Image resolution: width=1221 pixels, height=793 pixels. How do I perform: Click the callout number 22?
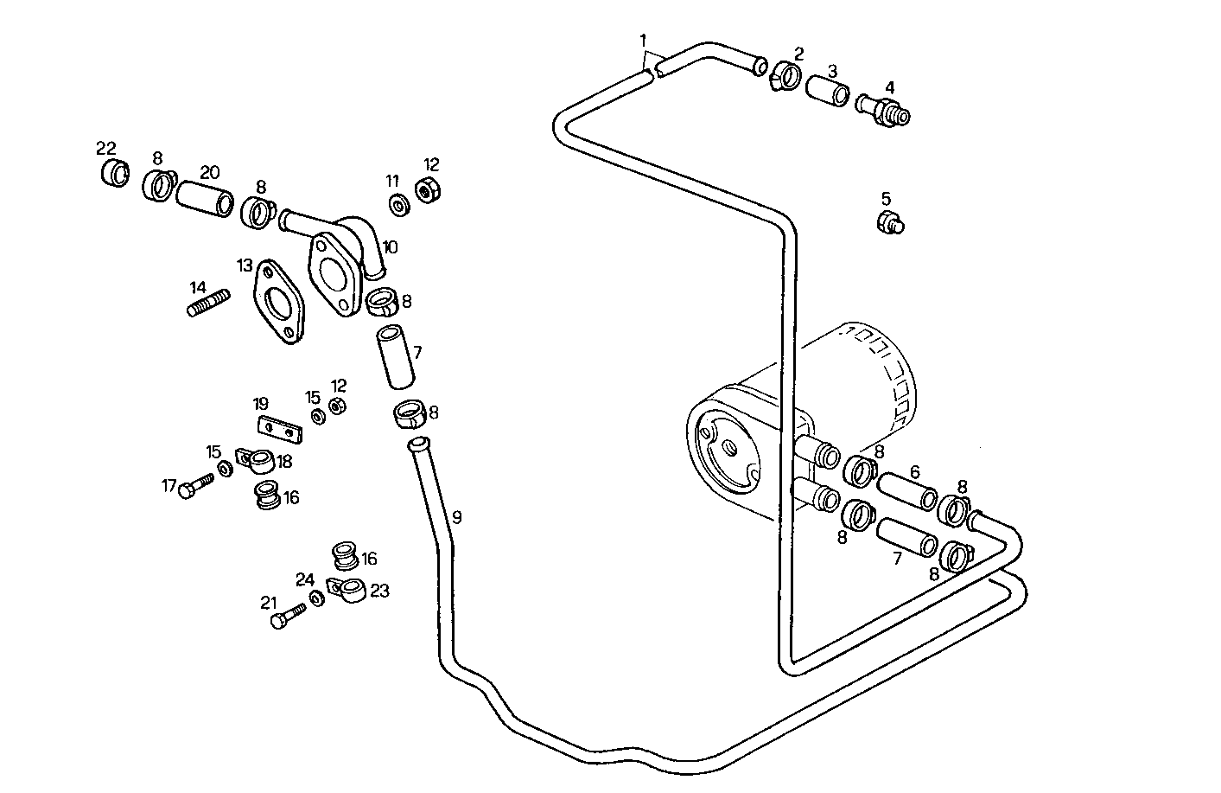pyautogui.click(x=105, y=148)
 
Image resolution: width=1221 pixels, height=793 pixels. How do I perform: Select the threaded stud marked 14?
pyautogui.click(x=209, y=303)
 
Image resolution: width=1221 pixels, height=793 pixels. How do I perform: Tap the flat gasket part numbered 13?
pyautogui.click(x=278, y=302)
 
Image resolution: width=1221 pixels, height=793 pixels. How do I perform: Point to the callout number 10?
pyautogui.click(x=390, y=247)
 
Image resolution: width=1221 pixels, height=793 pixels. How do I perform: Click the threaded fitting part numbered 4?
pyautogui.click(x=882, y=112)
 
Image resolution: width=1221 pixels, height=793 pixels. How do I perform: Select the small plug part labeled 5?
pyautogui.click(x=889, y=223)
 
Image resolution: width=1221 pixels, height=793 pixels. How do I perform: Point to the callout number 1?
pyautogui.click(x=642, y=40)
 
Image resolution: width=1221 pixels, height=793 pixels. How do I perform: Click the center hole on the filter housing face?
pyautogui.click(x=730, y=448)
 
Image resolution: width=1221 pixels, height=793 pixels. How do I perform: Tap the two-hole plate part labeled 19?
pyautogui.click(x=278, y=428)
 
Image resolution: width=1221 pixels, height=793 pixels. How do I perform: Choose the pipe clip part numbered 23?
pyautogui.click(x=349, y=591)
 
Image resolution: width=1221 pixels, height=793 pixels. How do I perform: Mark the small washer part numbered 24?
pyautogui.click(x=317, y=598)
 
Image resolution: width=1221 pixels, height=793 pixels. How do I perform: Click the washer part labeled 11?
pyautogui.click(x=399, y=206)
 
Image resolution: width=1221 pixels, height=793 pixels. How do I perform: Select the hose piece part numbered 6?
pyautogui.click(x=907, y=490)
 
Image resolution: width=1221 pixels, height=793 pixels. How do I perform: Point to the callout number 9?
pyautogui.click(x=456, y=517)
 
